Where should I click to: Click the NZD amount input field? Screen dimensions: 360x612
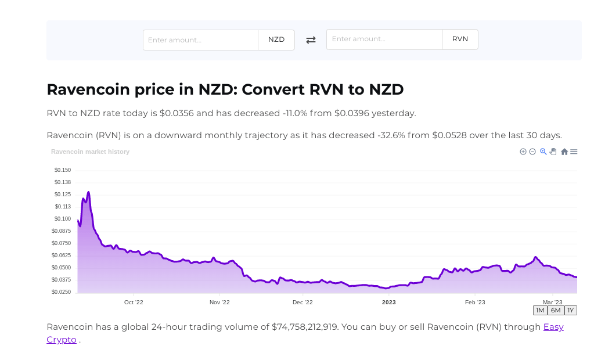pyautogui.click(x=200, y=40)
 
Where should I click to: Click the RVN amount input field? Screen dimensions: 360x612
pyautogui.click(x=384, y=39)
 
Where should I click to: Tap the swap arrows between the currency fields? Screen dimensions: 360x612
pyautogui.click(x=311, y=40)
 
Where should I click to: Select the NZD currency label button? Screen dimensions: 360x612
pyautogui.click(x=276, y=40)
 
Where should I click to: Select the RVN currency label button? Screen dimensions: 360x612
pyautogui.click(x=460, y=39)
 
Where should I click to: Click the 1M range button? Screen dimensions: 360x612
pyautogui.click(x=540, y=310)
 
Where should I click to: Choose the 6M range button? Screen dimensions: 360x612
pyautogui.click(x=556, y=310)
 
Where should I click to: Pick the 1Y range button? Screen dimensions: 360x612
pyautogui.click(x=570, y=310)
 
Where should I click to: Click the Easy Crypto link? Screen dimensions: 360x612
pyautogui.click(x=553, y=327)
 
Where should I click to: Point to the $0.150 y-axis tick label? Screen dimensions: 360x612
pyautogui.click(x=63, y=170)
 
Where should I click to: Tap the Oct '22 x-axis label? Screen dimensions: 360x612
pyautogui.click(x=134, y=303)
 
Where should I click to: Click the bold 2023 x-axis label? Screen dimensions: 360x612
pyautogui.click(x=388, y=303)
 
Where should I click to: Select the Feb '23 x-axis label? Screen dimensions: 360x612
pyautogui.click(x=475, y=303)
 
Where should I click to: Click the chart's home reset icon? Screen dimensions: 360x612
pyautogui.click(x=564, y=152)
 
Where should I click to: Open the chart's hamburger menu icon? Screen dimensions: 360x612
pyautogui.click(x=574, y=152)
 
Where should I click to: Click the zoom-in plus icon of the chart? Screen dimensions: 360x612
pyautogui.click(x=523, y=152)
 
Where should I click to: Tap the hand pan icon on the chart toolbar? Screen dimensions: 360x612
pyautogui.click(x=553, y=152)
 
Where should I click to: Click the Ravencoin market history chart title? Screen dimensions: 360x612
pyautogui.click(x=90, y=152)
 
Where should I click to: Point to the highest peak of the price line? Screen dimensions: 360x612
pyautogui.click(x=88, y=192)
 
